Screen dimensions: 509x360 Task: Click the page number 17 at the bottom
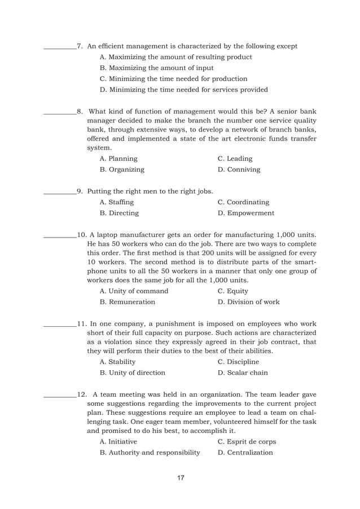(x=181, y=479)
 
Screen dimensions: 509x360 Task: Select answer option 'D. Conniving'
(x=239, y=169)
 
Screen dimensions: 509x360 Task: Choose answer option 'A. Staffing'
(x=116, y=202)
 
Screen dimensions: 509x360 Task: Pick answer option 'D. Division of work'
(x=248, y=302)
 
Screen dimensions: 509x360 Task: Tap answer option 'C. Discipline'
(x=238, y=362)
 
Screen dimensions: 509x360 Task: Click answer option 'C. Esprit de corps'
(x=247, y=442)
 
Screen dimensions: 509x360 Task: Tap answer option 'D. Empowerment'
(x=246, y=213)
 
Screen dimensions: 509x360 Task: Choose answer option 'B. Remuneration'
(x=127, y=302)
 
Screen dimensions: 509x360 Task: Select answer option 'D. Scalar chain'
(x=243, y=373)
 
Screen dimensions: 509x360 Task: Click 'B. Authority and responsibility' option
(x=150, y=453)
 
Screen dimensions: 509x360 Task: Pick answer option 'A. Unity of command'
(x=134, y=291)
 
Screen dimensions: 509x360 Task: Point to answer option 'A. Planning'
(x=118, y=159)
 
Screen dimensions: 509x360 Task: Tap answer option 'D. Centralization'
(x=245, y=453)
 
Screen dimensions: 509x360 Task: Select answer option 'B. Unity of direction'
(x=132, y=373)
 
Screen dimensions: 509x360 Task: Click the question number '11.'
(x=82, y=324)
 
